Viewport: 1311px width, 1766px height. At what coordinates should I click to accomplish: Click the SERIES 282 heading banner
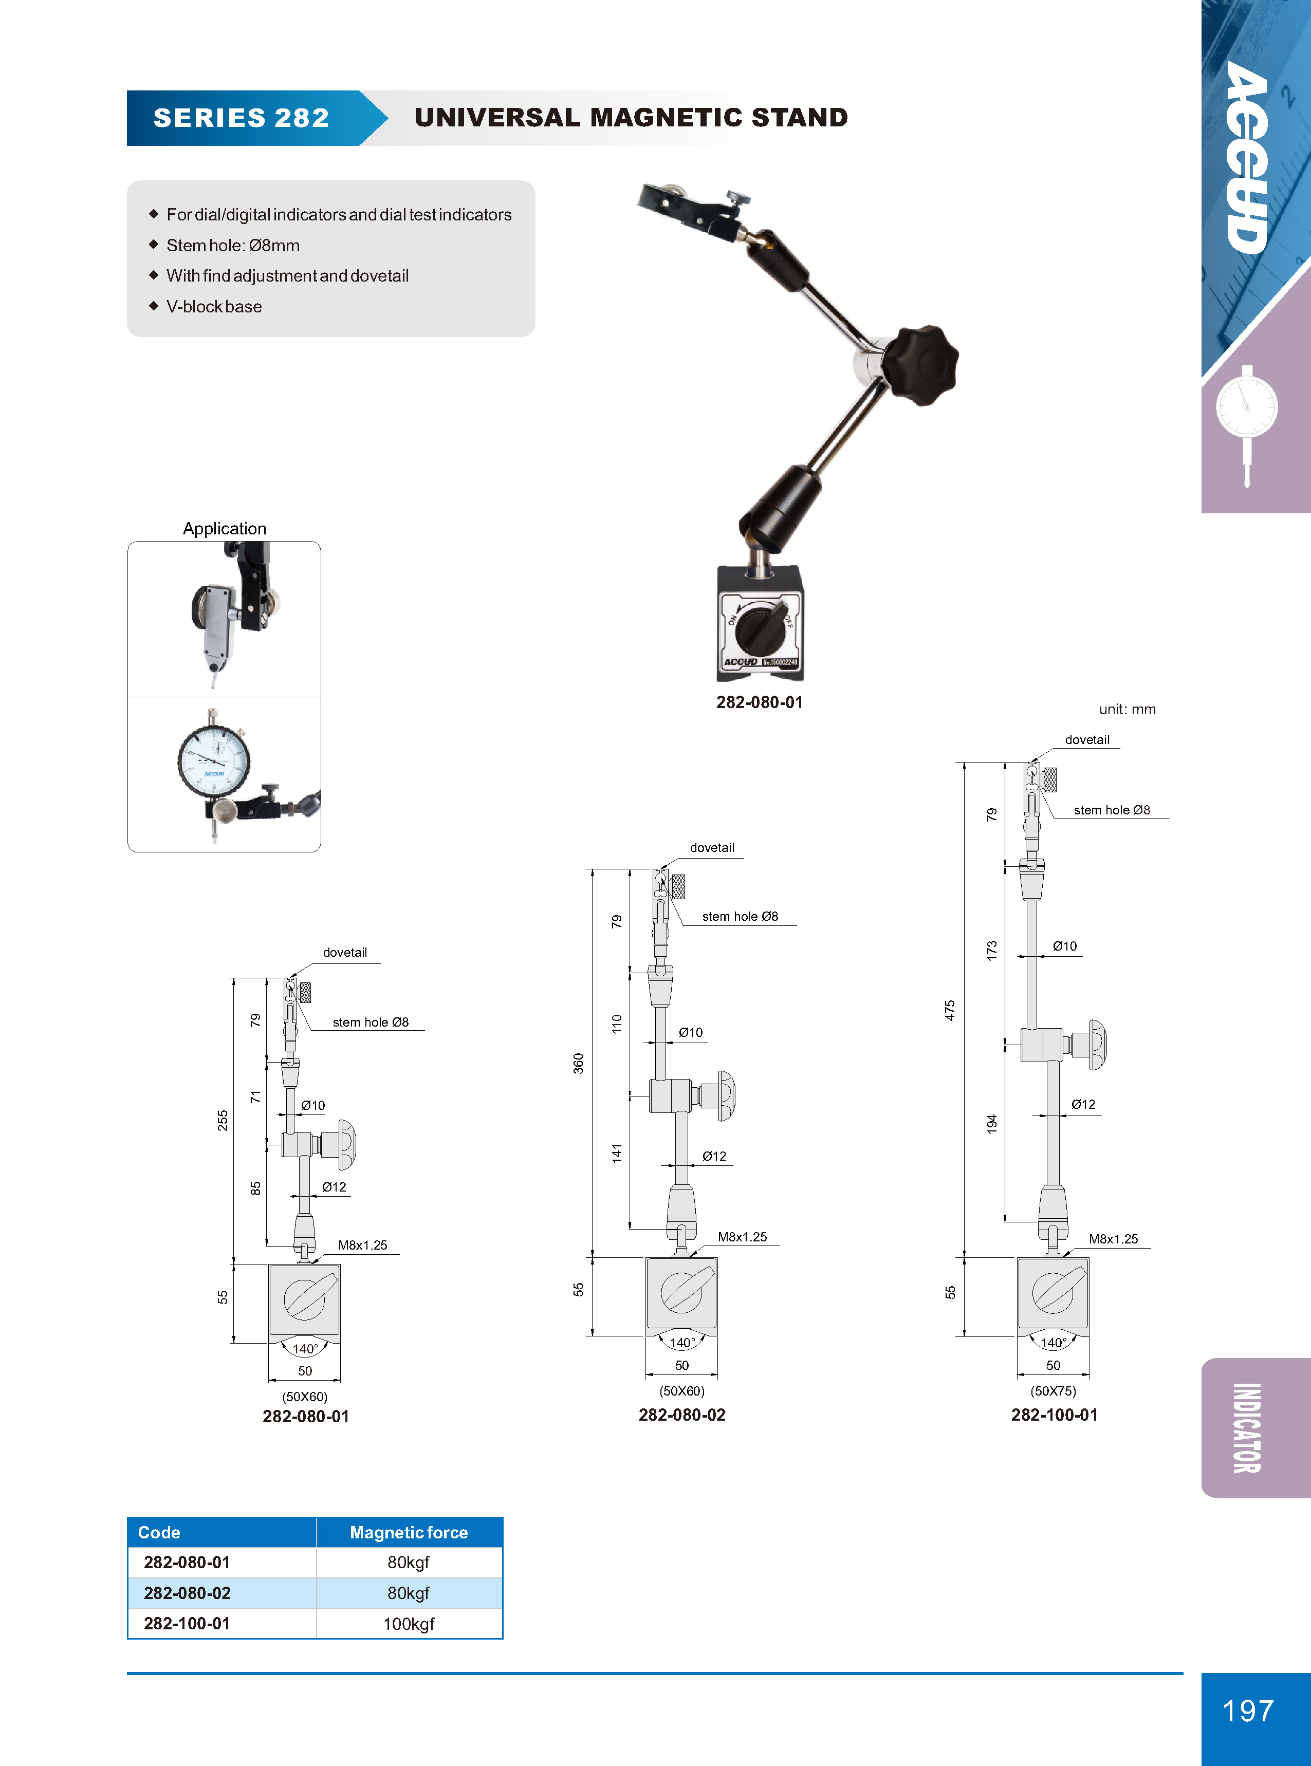coord(241,118)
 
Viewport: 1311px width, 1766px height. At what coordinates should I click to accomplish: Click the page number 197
coord(1247,1711)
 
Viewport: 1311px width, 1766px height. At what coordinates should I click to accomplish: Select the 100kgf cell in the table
coord(409,1623)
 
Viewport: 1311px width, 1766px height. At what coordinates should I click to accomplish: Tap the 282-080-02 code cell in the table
coord(187,1593)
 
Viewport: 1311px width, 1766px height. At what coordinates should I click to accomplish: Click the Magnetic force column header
coord(409,1533)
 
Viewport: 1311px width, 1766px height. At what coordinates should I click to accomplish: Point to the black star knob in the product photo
coord(920,365)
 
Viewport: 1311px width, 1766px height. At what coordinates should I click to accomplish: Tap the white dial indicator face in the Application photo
coord(213,761)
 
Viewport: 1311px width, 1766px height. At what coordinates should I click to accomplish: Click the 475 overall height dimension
coord(950,1010)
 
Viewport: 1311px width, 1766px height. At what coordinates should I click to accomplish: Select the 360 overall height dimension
coord(579,1063)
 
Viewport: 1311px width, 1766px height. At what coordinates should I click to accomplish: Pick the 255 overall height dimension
coord(223,1120)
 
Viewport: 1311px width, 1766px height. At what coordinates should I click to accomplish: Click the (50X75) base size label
coord(1053,1391)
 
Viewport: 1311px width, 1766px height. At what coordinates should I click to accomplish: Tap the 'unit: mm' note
coord(1127,709)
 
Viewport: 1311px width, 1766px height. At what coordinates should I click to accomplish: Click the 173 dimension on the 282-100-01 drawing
coord(992,951)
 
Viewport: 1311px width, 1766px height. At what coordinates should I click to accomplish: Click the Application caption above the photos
coord(225,528)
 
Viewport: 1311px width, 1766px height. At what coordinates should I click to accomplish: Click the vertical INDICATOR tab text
coord(1247,1427)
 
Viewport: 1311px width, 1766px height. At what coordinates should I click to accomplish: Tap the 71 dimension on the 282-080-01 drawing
coord(255,1096)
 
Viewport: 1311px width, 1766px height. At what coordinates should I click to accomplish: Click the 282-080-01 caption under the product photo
coord(760,702)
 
